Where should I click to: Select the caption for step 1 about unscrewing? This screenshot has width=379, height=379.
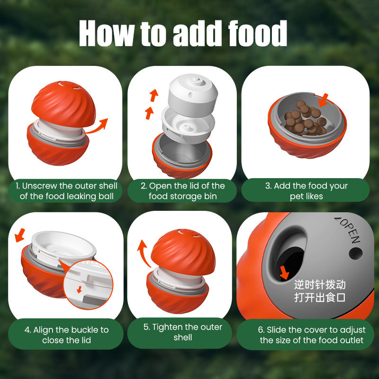[66, 191]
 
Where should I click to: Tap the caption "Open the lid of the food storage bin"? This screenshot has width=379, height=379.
[182, 191]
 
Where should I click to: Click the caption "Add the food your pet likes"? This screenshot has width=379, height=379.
[306, 191]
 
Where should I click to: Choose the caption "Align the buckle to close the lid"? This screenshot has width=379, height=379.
[66, 335]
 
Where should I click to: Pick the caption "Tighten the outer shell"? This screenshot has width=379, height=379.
[182, 332]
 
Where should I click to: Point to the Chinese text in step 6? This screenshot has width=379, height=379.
[320, 291]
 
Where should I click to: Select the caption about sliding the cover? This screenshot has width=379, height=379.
[311, 335]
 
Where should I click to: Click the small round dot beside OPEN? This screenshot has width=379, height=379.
[355, 253]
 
